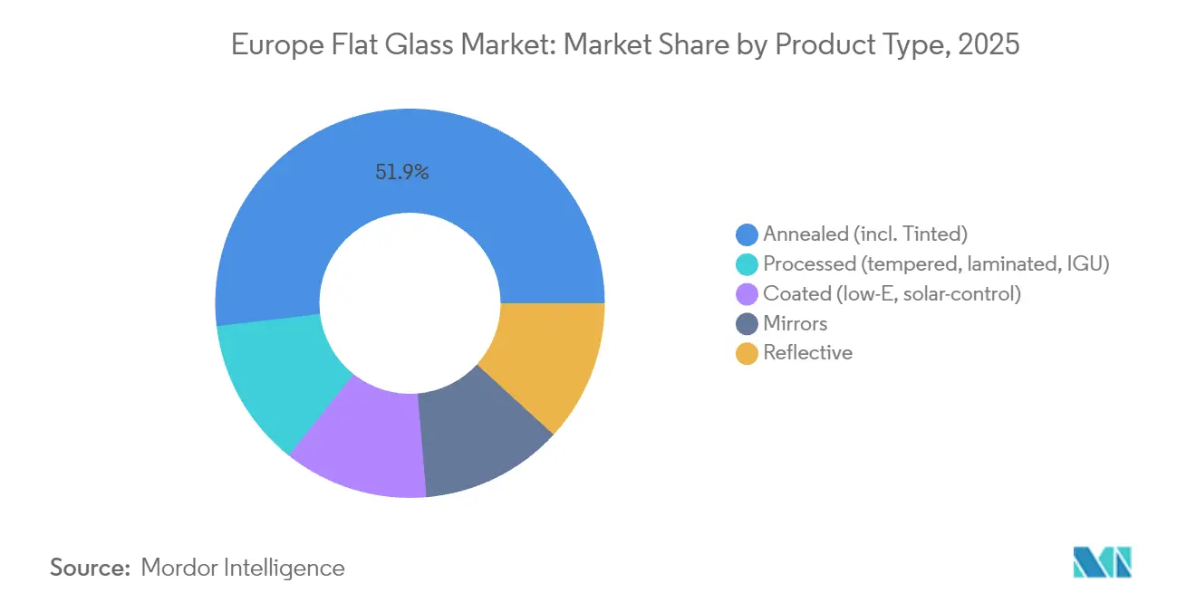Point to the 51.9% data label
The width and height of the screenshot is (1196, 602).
(x=401, y=171)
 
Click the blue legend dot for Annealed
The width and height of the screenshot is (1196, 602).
(x=747, y=234)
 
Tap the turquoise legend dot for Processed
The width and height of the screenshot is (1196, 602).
(x=747, y=264)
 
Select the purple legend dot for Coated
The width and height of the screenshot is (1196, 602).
(x=747, y=294)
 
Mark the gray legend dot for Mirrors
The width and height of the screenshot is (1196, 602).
(x=747, y=324)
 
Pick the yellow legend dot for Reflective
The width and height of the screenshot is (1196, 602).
(x=747, y=353)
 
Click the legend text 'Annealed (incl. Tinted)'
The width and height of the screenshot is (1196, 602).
(x=865, y=234)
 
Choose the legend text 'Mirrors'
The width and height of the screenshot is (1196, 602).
(x=795, y=323)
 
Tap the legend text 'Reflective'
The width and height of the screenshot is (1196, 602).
(x=807, y=353)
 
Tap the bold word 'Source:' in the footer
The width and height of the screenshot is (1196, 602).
(x=91, y=568)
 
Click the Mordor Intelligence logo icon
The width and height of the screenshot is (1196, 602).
(x=1102, y=562)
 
